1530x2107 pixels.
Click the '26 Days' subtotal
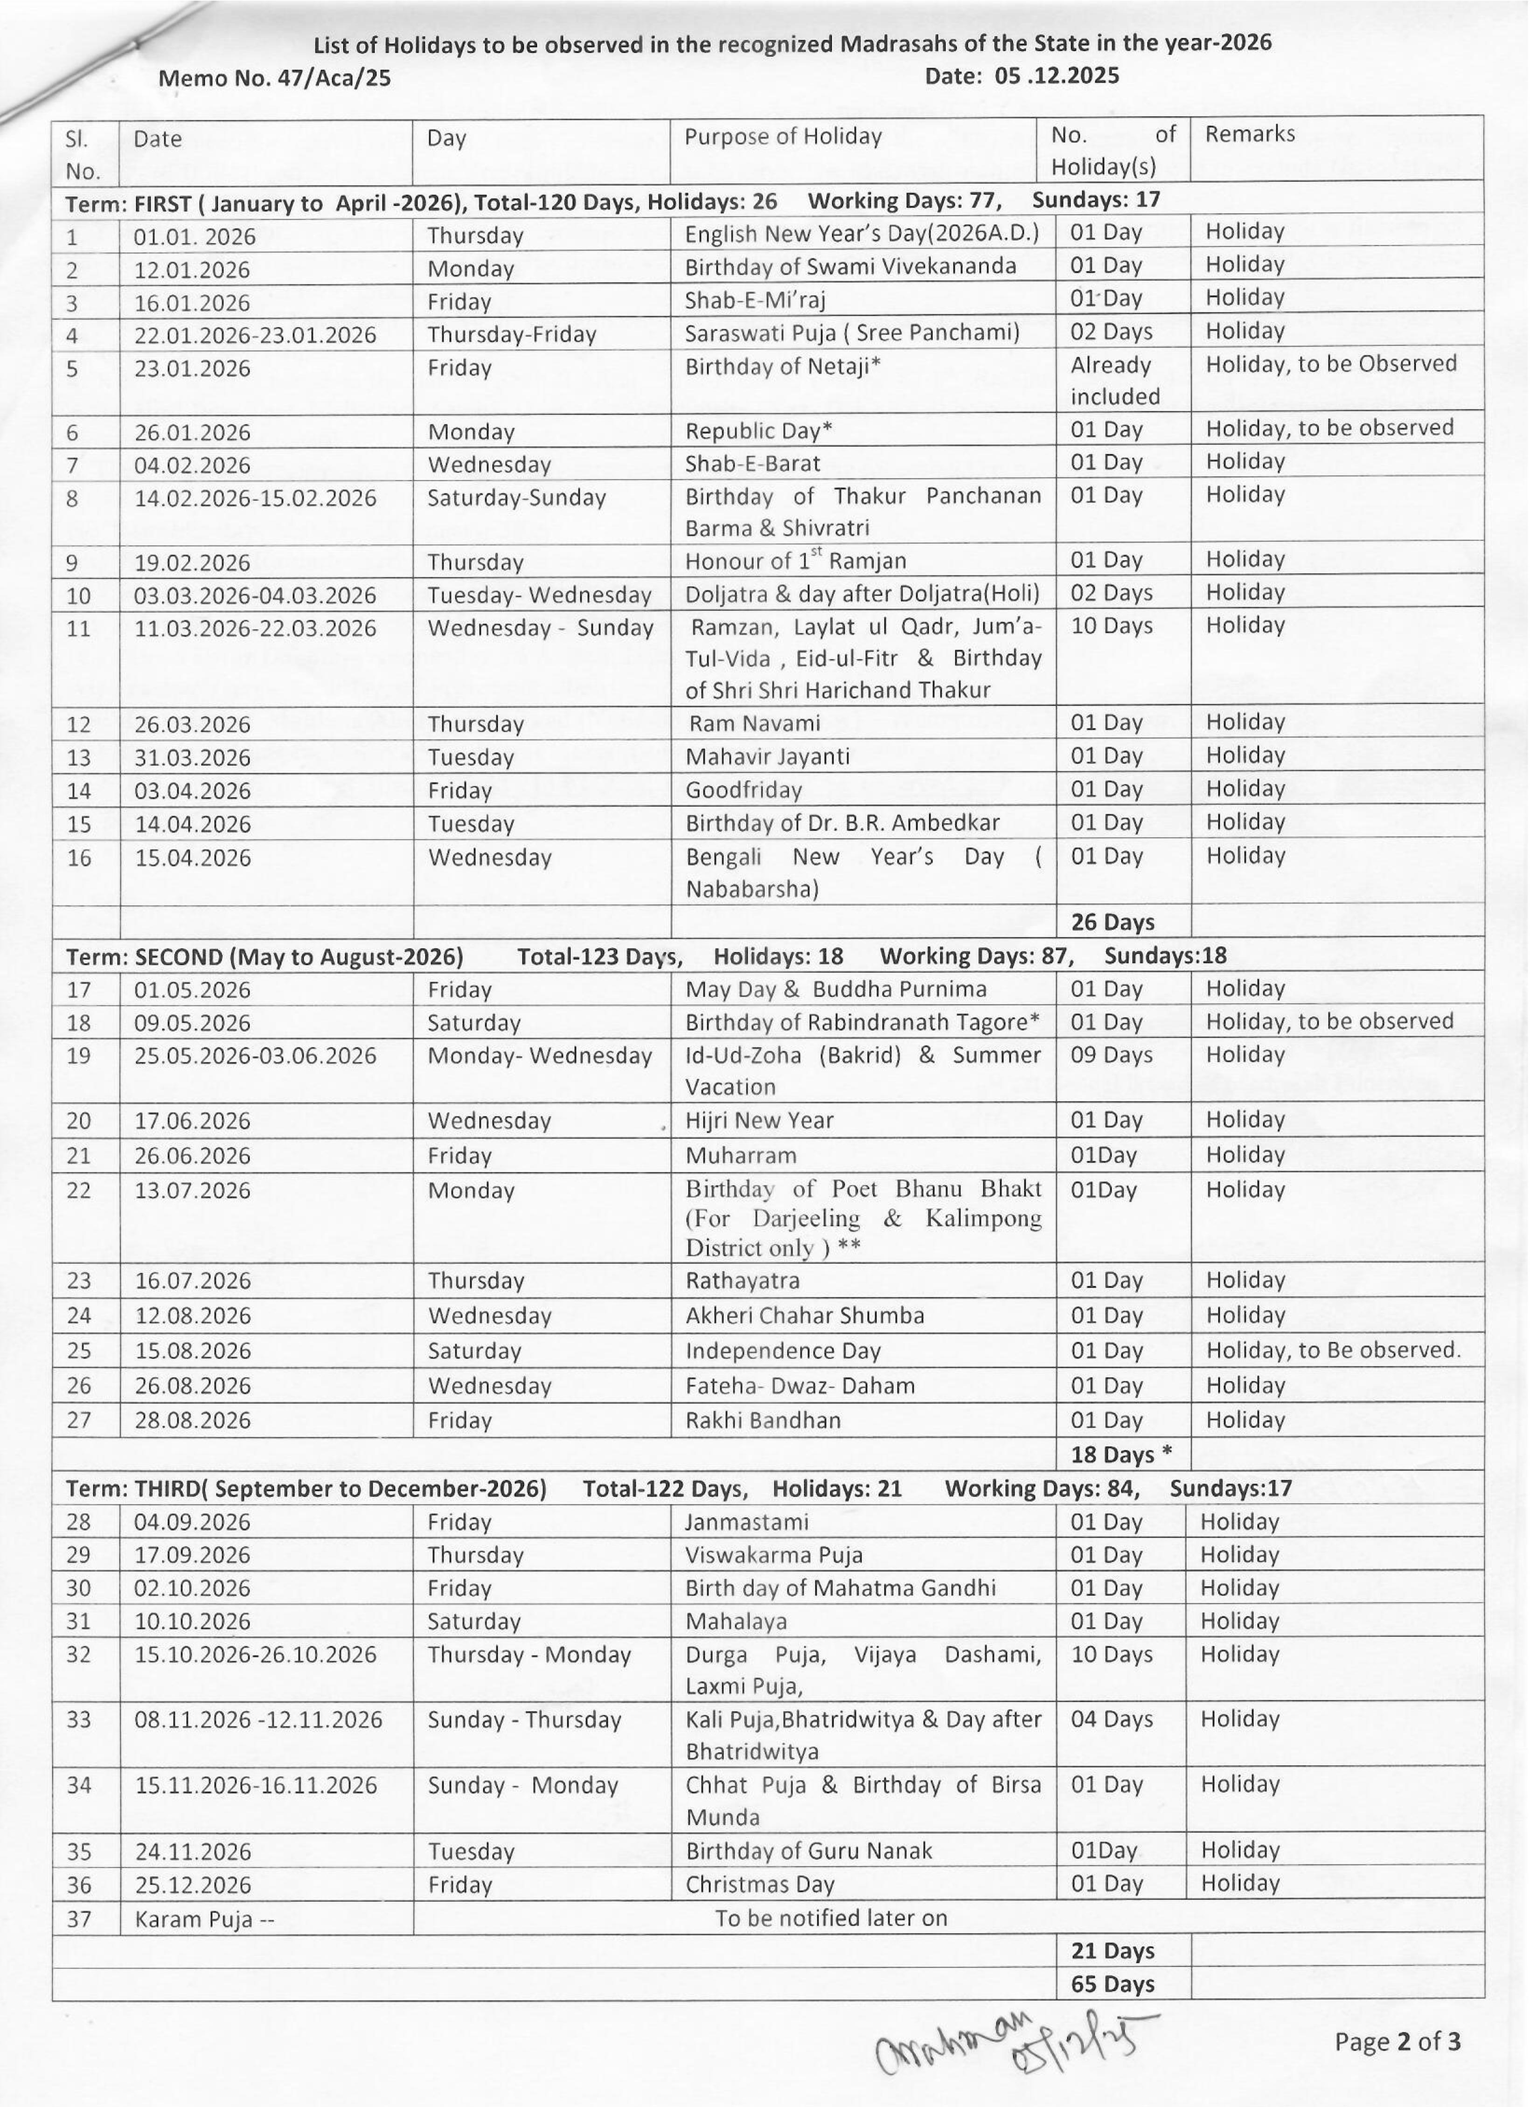pyautogui.click(x=1112, y=922)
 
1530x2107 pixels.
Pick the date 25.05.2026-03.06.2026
pyautogui.click(x=256, y=1056)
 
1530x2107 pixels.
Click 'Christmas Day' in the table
pyautogui.click(x=760, y=1885)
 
